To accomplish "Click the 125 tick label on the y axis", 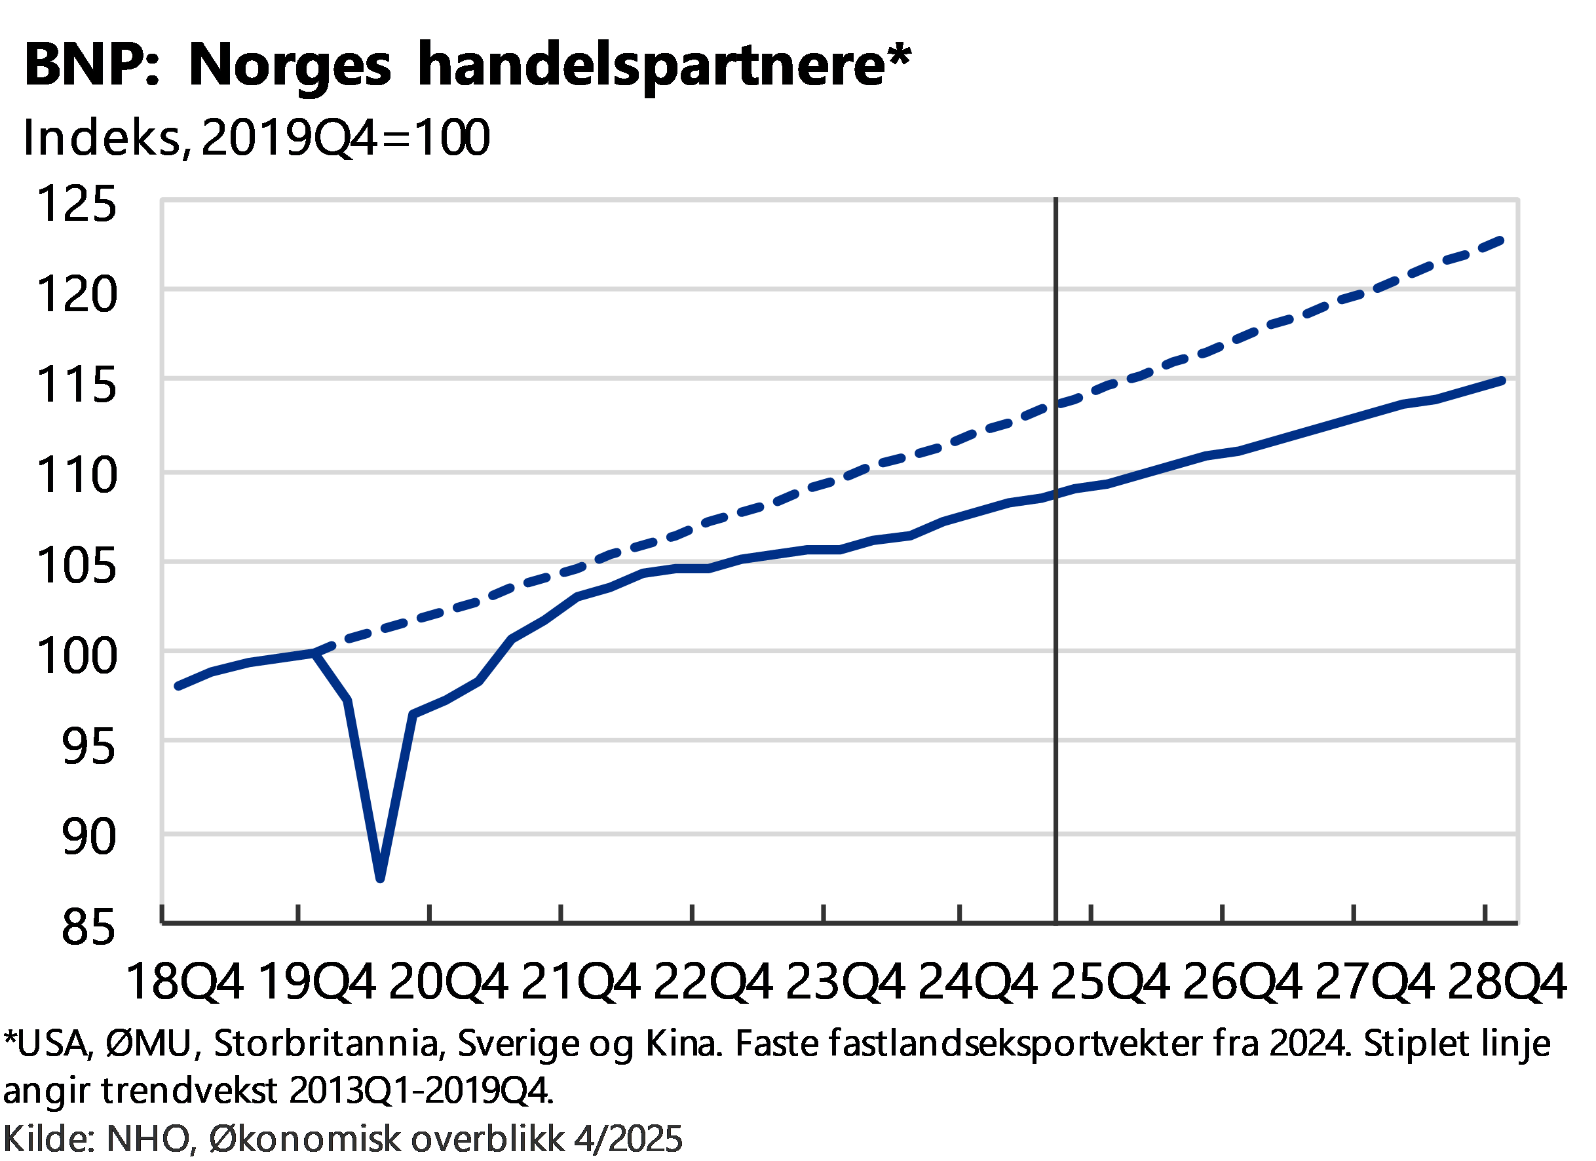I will [77, 203].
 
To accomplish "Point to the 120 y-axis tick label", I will [77, 294].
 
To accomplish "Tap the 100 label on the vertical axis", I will [77, 656].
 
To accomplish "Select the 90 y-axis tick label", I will [87, 837].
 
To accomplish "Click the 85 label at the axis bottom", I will [87, 926].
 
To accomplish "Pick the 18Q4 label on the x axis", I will [187, 981].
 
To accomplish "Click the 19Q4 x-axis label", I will [318, 981].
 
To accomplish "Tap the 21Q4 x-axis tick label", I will [580, 981].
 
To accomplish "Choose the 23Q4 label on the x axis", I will [844, 981].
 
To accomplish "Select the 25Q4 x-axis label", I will [1110, 981].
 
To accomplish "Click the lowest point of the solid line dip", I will [380, 878].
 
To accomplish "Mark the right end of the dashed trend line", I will [1502, 241].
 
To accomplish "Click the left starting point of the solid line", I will [178, 685].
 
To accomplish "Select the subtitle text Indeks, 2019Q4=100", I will [257, 137].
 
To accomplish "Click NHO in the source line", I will [146, 1139].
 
